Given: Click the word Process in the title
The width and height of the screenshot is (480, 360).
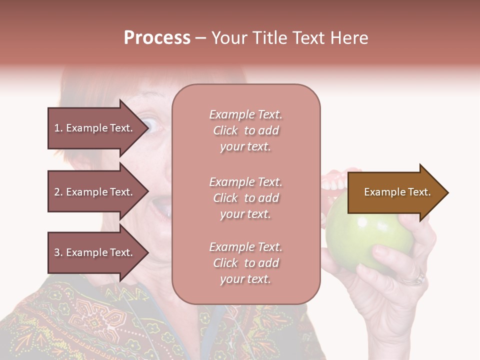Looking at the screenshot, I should [x=157, y=38].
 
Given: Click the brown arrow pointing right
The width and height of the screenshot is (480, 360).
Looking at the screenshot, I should [x=395, y=192].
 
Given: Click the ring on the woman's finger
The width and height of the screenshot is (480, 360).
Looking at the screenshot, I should [x=414, y=278].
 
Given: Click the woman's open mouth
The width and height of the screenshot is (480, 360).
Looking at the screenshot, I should [x=162, y=205].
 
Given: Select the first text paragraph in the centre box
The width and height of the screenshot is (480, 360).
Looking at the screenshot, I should [x=245, y=130].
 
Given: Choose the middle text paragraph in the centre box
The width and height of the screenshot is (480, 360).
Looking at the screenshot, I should [x=245, y=198].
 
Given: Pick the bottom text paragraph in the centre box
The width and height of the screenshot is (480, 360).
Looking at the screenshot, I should [x=245, y=263].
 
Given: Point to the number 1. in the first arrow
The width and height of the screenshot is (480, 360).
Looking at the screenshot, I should [x=58, y=128].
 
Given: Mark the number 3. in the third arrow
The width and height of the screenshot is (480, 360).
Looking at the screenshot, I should [x=58, y=252].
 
